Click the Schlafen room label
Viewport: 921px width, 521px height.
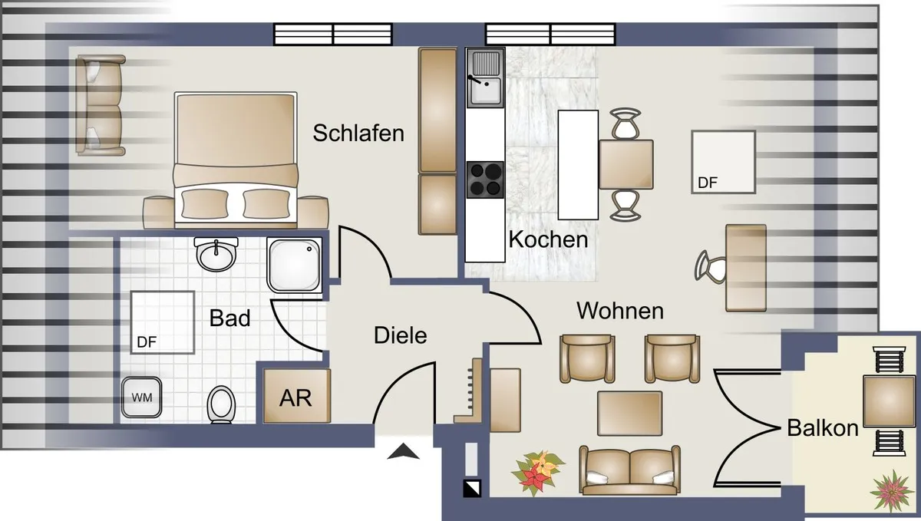point(358,134)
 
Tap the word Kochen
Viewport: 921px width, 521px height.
point(549,239)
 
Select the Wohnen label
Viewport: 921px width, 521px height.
point(620,311)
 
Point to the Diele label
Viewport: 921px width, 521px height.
point(400,335)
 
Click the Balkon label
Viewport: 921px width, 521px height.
point(823,428)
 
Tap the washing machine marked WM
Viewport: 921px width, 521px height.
point(141,397)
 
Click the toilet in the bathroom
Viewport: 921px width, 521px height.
point(221,404)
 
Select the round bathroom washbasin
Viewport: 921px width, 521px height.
point(216,254)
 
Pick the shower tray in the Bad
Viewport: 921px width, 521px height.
point(295,265)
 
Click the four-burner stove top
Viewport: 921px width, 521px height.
point(485,180)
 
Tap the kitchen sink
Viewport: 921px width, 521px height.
point(485,78)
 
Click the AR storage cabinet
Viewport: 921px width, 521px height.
point(297,396)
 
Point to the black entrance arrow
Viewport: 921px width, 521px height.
point(404,451)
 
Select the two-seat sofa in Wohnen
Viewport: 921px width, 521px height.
point(629,470)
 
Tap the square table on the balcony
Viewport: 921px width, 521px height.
point(883,401)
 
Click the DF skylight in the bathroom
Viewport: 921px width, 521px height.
point(163,322)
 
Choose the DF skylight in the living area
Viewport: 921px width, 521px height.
point(724,162)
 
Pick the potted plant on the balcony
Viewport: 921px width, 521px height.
point(891,490)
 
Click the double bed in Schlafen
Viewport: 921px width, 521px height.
point(236,160)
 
